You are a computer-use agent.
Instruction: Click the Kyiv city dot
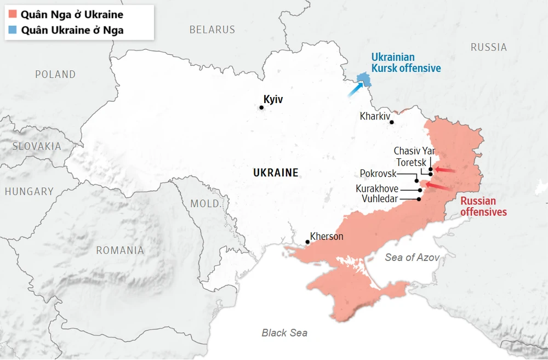261,107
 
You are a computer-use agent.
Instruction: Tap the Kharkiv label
375,116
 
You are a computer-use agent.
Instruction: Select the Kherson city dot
307,242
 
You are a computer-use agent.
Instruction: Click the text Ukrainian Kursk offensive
406,63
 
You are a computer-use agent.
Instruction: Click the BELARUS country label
212,30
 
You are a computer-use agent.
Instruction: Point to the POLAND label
55,74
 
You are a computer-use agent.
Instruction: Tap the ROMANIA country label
120,250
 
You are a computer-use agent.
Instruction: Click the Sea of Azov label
412,257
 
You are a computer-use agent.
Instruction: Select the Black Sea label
284,333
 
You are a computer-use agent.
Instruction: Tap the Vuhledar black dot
419,199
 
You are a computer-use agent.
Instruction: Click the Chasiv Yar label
414,151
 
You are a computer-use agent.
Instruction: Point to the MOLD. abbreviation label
206,204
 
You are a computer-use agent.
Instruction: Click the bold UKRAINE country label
276,173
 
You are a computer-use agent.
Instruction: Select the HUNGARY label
29,191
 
